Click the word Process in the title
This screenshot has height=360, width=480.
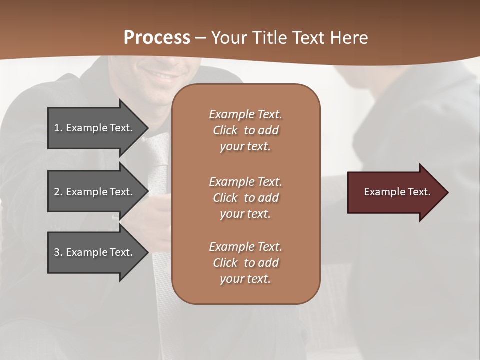click(x=157, y=37)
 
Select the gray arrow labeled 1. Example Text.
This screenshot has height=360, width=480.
click(x=95, y=128)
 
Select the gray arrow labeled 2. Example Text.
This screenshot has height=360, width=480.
click(x=95, y=192)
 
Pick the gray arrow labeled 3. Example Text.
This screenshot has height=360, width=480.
click(x=95, y=252)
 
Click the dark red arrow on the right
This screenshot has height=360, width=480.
click(x=395, y=192)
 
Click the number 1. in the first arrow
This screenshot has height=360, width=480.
click(x=58, y=128)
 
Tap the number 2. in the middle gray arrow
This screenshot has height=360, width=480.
click(x=58, y=192)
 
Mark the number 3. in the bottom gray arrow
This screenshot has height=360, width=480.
click(x=58, y=252)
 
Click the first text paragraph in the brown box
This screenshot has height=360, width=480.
click(x=245, y=130)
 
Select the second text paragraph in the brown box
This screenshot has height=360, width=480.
click(x=245, y=197)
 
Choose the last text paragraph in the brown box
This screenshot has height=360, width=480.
click(x=245, y=263)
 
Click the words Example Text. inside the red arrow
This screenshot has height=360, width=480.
click(x=397, y=192)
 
